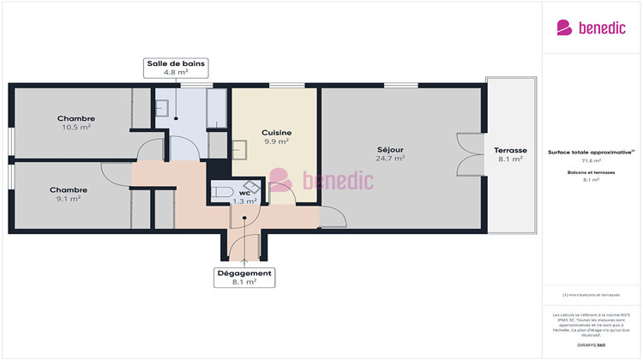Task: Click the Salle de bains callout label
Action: click(x=175, y=69)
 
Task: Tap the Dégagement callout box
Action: click(x=244, y=277)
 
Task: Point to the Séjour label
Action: click(x=390, y=150)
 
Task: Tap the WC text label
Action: click(x=244, y=193)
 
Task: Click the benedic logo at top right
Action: click(x=591, y=27)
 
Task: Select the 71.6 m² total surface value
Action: click(x=592, y=160)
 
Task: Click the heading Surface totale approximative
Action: click(x=591, y=152)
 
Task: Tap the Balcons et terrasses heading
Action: click(x=592, y=172)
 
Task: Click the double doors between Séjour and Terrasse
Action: click(x=470, y=154)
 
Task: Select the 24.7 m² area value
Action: click(x=390, y=159)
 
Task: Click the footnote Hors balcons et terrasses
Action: click(x=592, y=295)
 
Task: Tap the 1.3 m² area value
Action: click(x=245, y=201)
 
